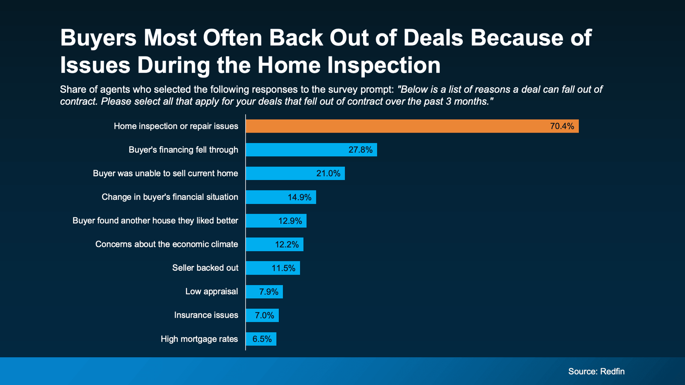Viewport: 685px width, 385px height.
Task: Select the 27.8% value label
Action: pyautogui.click(x=360, y=150)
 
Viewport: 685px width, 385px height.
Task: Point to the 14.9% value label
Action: pyautogui.click(x=300, y=197)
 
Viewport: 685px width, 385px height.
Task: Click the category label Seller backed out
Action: pyautogui.click(x=205, y=268)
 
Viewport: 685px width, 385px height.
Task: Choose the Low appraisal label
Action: pyautogui.click(x=211, y=291)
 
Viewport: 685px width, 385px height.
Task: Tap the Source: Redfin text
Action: pyautogui.click(x=596, y=371)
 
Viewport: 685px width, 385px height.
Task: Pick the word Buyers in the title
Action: pyautogui.click(x=98, y=38)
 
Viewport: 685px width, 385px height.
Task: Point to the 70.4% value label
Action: pyautogui.click(x=562, y=126)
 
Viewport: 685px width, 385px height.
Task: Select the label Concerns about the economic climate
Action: pyautogui.click(x=167, y=244)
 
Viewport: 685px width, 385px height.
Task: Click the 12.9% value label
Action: pyautogui.click(x=290, y=221)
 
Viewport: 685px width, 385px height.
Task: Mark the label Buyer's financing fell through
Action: pyautogui.click(x=183, y=150)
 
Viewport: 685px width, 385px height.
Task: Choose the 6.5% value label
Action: pyautogui.click(x=262, y=339)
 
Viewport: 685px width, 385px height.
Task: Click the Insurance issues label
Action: pyautogui.click(x=206, y=315)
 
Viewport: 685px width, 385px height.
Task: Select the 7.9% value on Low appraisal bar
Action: pyautogui.click(x=269, y=292)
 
